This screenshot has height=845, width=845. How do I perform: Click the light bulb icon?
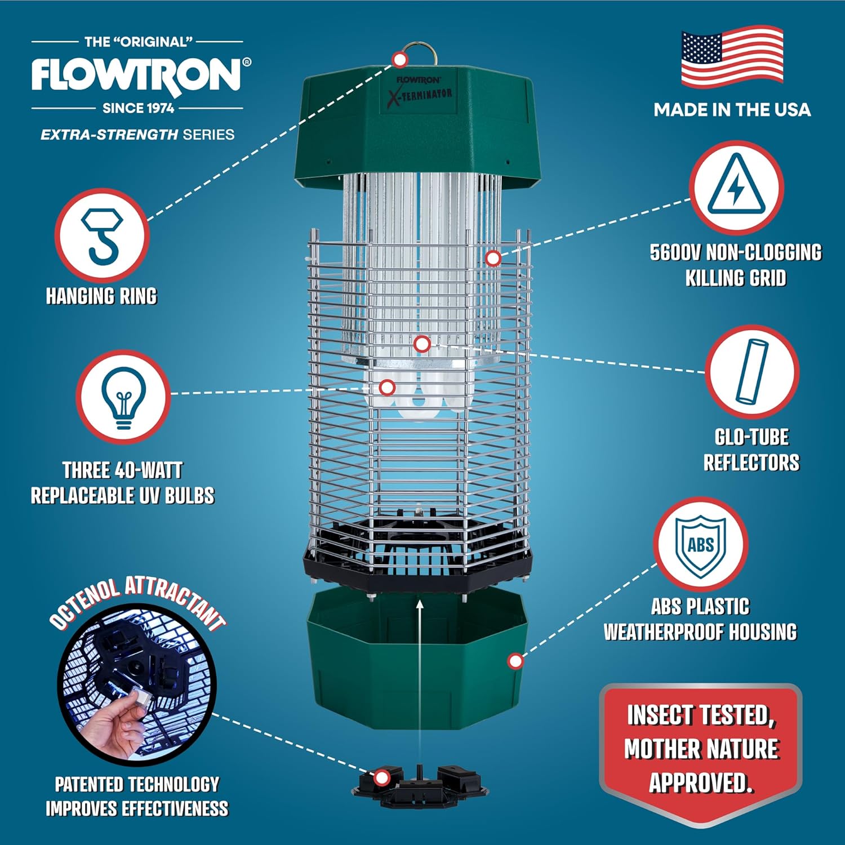(123, 397)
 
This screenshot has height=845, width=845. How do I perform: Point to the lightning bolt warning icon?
(736, 187)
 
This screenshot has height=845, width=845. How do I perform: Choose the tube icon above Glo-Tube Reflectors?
(751, 371)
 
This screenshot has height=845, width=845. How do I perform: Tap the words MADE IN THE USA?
(732, 110)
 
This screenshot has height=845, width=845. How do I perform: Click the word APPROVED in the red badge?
(700, 783)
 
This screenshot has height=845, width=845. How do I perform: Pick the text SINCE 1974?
(138, 108)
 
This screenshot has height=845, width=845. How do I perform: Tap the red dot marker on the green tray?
(515, 661)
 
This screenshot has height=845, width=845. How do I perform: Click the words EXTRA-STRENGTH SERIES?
(137, 135)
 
